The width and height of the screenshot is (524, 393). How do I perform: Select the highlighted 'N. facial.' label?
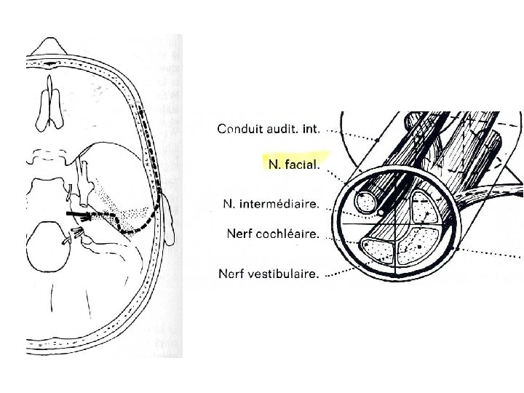(293, 165)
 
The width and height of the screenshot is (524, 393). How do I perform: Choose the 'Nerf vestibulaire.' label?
(269, 274)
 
